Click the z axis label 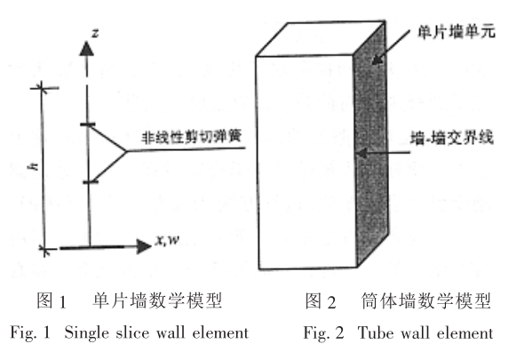click(x=95, y=33)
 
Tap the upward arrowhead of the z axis click(x=86, y=48)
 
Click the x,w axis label click(x=168, y=240)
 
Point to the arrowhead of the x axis click(x=144, y=247)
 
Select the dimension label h click(x=33, y=166)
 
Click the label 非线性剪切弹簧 click(x=192, y=137)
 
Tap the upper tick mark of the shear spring click(x=88, y=124)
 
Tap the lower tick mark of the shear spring click(x=91, y=182)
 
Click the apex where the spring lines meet click(x=126, y=151)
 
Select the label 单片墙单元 click(x=456, y=32)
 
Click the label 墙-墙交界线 click(x=452, y=138)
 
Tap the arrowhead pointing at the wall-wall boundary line click(x=361, y=153)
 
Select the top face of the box click(x=321, y=38)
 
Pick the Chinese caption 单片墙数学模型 click(x=157, y=300)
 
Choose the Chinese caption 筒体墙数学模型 click(x=425, y=300)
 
